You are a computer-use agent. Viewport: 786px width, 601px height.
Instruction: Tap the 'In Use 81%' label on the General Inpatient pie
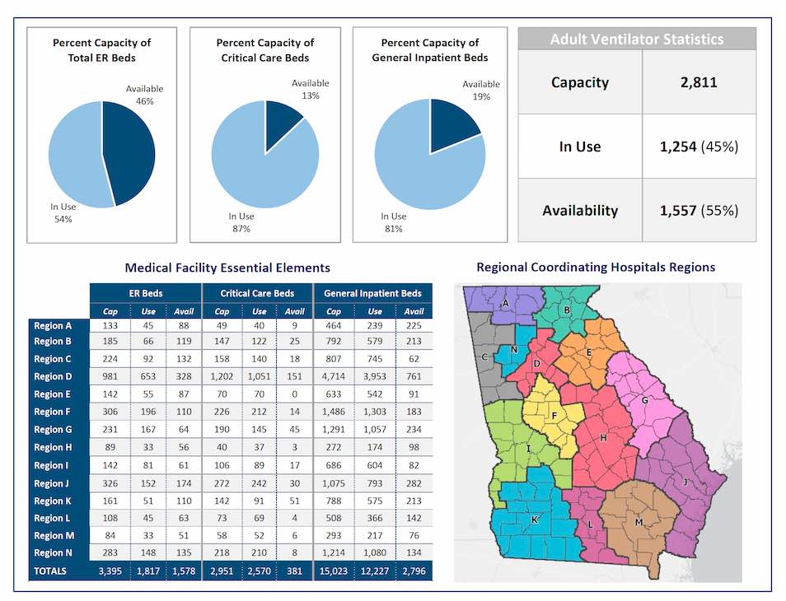(x=393, y=222)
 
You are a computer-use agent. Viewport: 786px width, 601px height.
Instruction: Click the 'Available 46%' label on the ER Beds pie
(x=144, y=95)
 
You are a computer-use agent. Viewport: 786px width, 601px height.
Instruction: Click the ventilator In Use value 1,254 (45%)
(x=699, y=147)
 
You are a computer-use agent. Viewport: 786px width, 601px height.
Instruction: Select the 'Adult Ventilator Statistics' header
(x=637, y=40)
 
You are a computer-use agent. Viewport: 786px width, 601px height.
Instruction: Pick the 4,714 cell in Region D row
(x=334, y=376)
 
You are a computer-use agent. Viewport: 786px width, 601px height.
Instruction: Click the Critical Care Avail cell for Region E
(x=294, y=394)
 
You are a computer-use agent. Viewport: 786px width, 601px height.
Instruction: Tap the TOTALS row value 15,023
(x=334, y=571)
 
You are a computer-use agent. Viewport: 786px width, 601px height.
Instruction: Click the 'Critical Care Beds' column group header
(x=259, y=293)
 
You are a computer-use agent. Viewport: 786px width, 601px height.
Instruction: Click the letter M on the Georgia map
(x=639, y=523)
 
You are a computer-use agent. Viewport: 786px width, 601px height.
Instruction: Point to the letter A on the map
(x=505, y=302)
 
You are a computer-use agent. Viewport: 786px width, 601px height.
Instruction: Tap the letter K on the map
(x=534, y=520)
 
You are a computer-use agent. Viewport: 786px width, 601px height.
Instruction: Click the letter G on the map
(x=645, y=401)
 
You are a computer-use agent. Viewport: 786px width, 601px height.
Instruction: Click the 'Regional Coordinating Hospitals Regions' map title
(x=596, y=268)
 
